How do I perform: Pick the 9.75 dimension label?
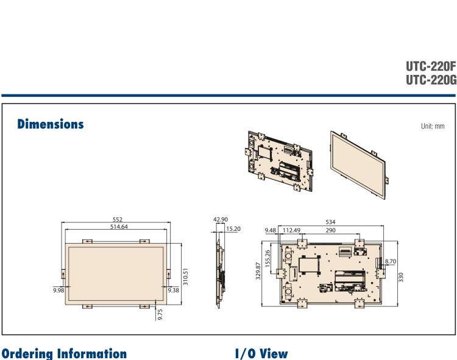(x=160, y=312)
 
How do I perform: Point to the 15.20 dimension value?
(x=232, y=228)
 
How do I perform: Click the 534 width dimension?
(x=330, y=222)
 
